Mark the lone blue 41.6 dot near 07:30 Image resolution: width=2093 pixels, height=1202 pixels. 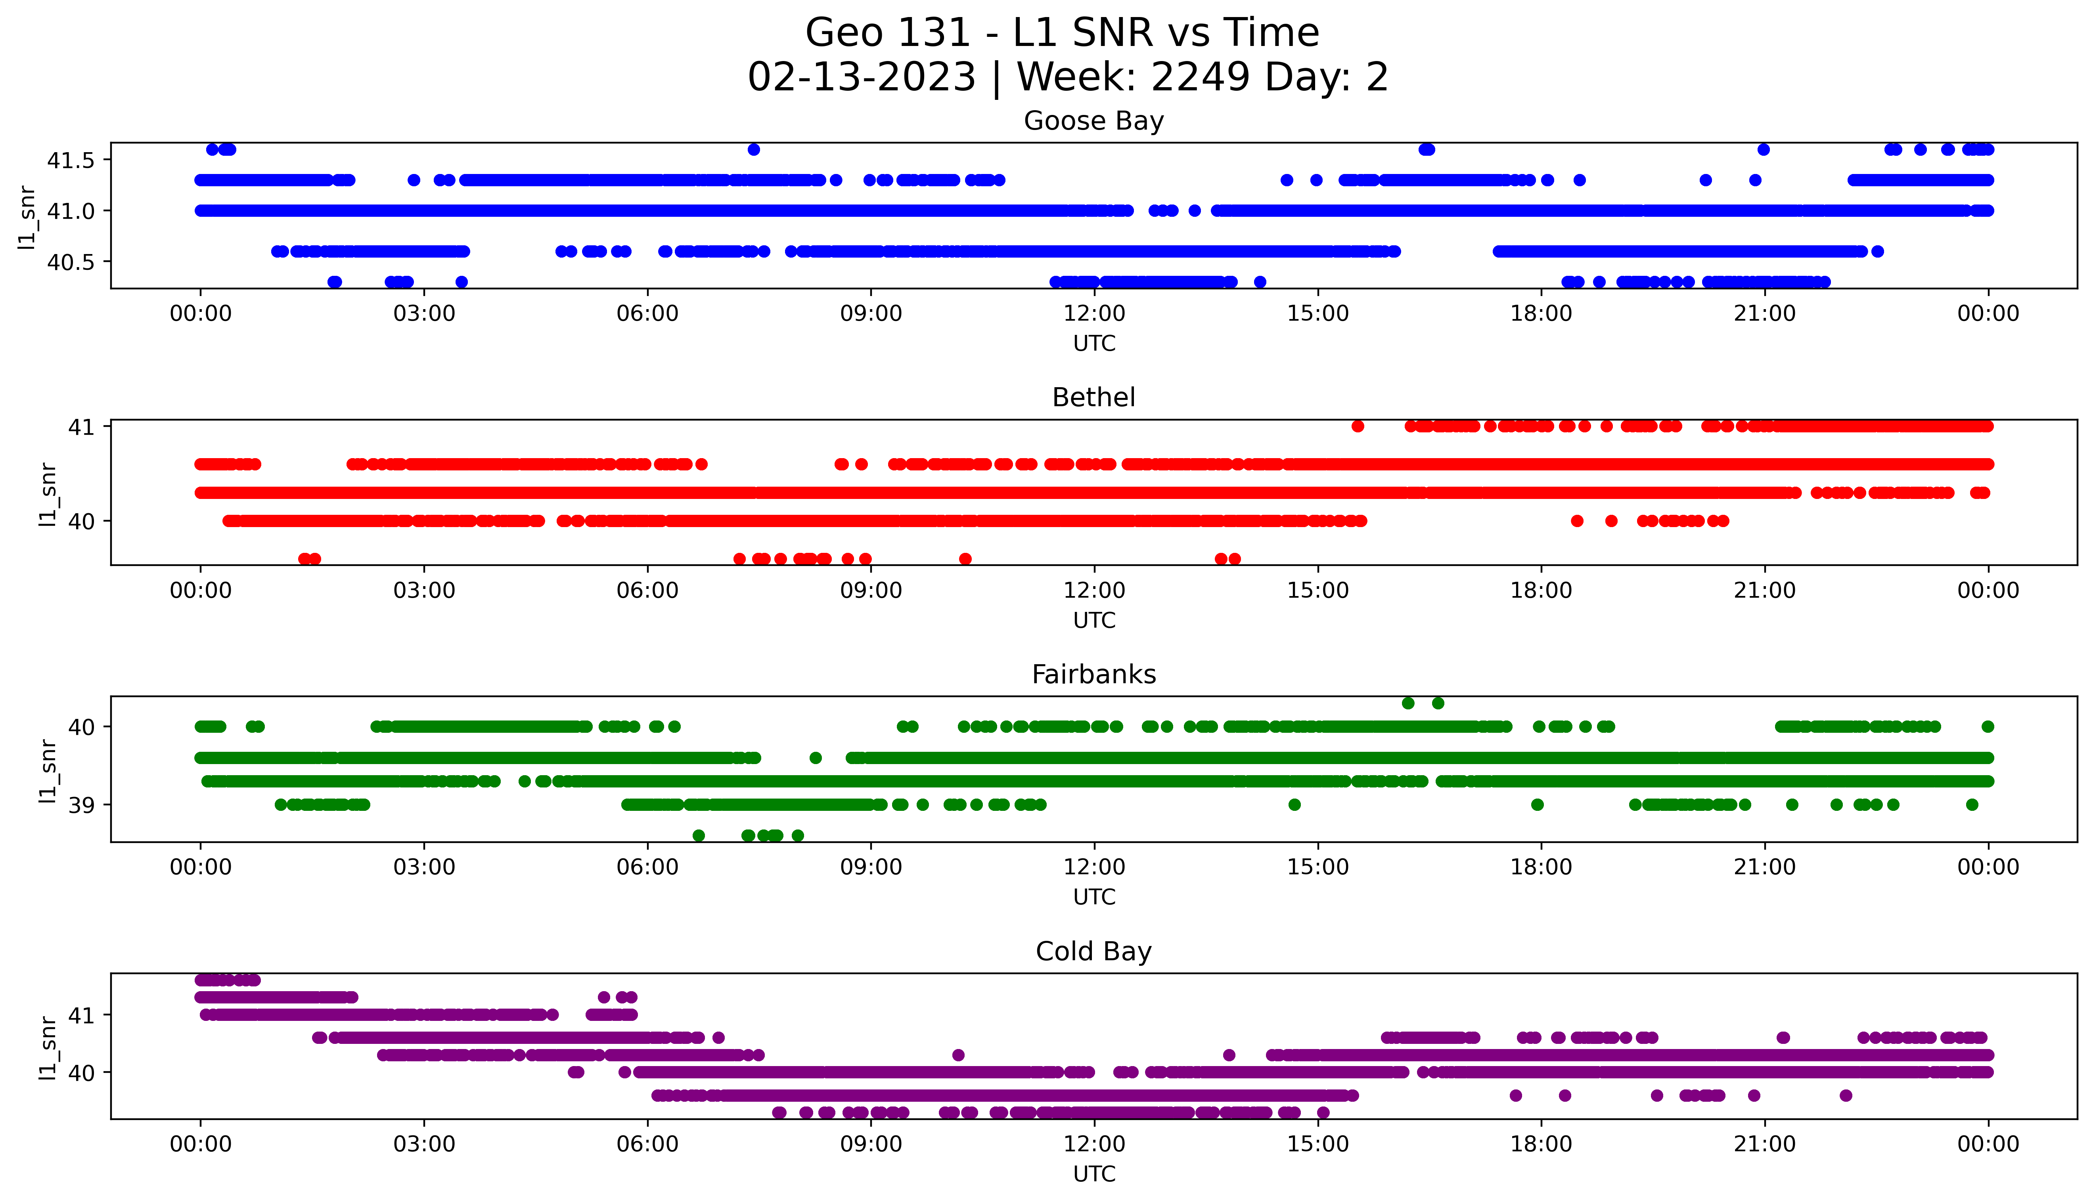(753, 149)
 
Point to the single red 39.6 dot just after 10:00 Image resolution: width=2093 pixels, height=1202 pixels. (965, 559)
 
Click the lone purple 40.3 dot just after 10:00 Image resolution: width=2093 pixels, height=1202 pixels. (958, 1055)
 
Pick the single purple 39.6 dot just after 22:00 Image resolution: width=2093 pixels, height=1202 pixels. (1846, 1095)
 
